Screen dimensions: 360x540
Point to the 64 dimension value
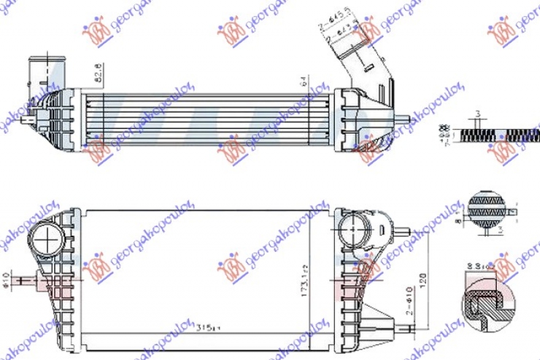click(x=304, y=82)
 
